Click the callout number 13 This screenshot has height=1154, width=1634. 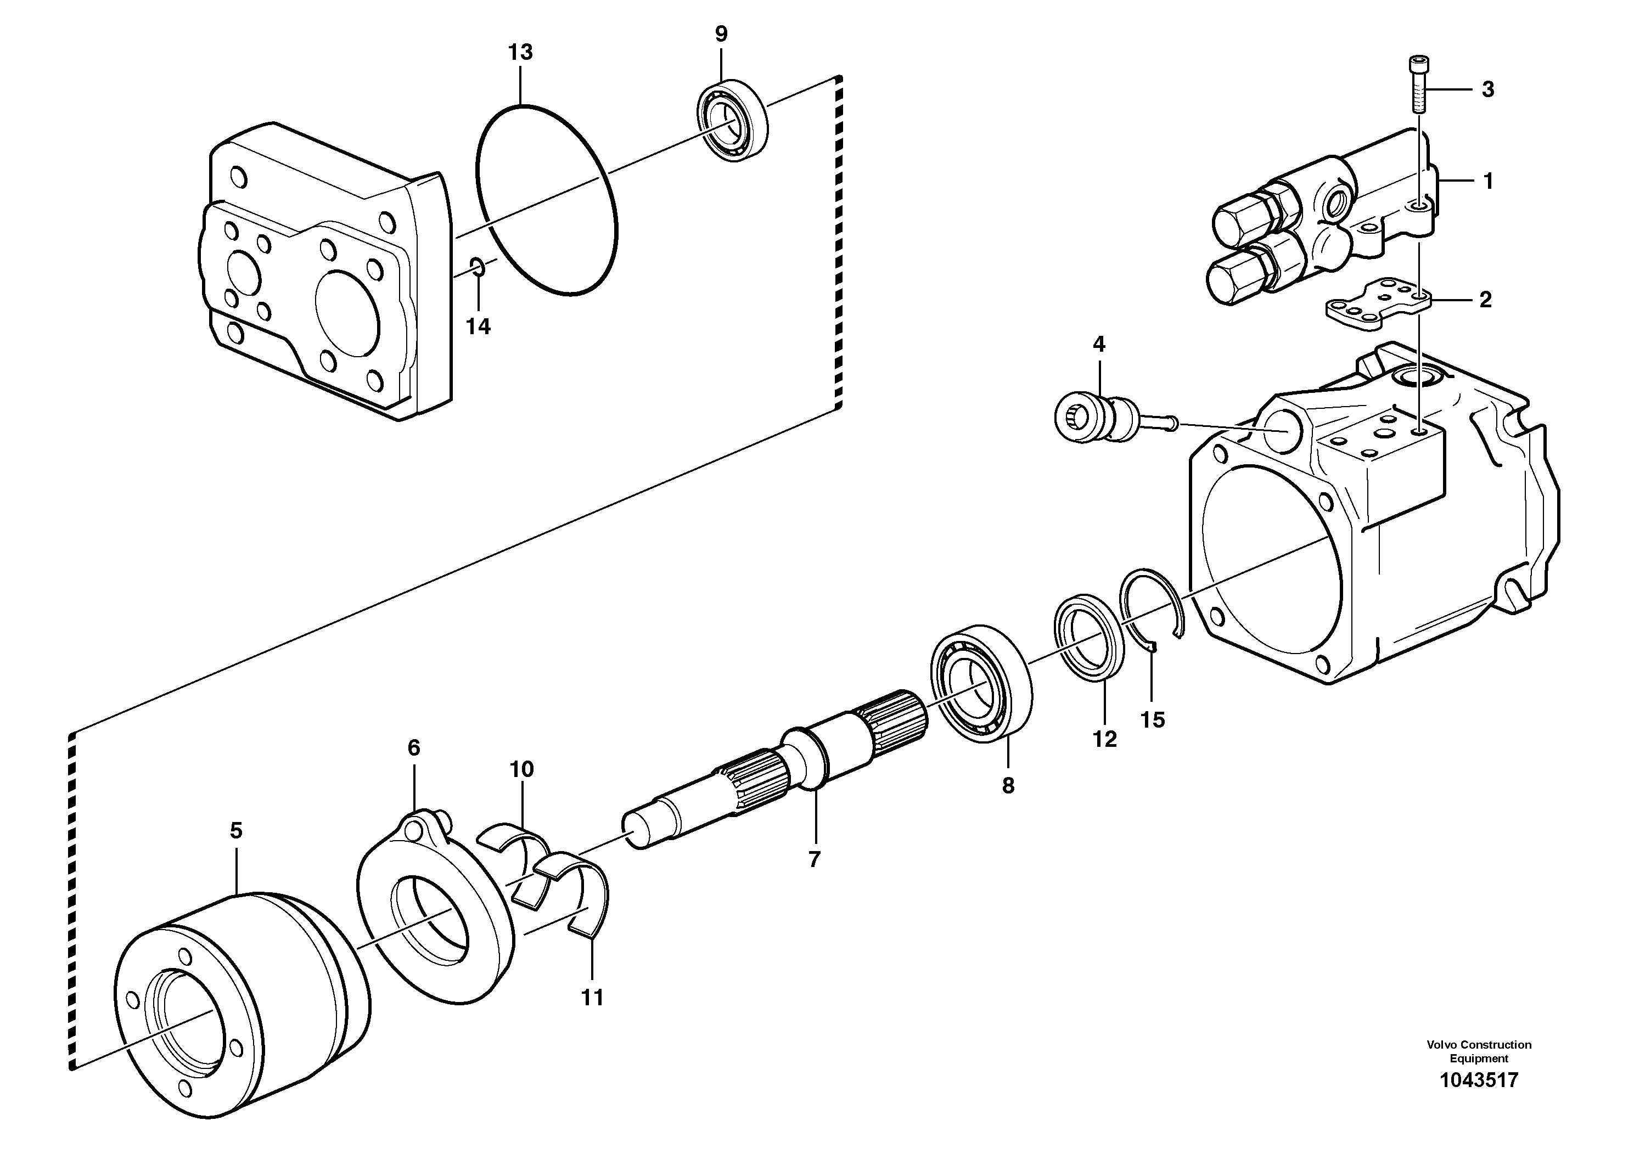(x=520, y=53)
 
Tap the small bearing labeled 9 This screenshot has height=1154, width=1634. (x=732, y=119)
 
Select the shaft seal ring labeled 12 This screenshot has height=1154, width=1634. (x=1089, y=634)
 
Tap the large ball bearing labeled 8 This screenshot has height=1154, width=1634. (x=981, y=684)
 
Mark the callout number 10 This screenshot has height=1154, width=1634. (x=521, y=769)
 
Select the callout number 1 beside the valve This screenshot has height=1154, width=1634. (x=1487, y=182)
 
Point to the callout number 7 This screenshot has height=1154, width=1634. (x=814, y=859)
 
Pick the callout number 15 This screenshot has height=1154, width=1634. (x=1152, y=719)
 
